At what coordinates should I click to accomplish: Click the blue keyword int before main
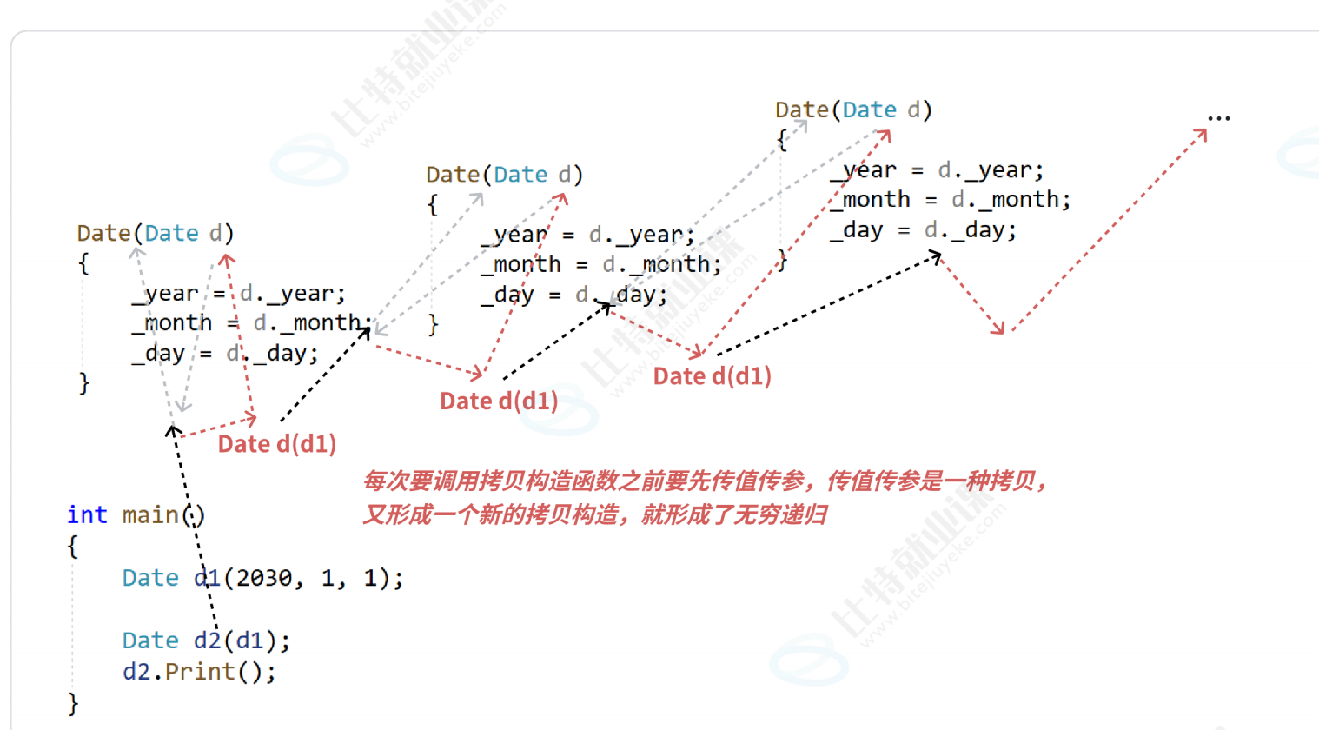pyautogui.click(x=87, y=515)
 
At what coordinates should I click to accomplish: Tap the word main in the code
pyautogui.click(x=150, y=515)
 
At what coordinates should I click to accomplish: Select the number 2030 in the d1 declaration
pyautogui.click(x=264, y=578)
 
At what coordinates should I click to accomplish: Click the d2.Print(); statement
pyautogui.click(x=199, y=672)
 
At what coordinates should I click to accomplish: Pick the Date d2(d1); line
pyautogui.click(x=206, y=640)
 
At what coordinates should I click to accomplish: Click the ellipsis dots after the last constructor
pyautogui.click(x=1219, y=118)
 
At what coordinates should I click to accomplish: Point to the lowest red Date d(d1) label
pyautogui.click(x=277, y=444)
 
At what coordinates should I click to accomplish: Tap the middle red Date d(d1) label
pyautogui.click(x=499, y=401)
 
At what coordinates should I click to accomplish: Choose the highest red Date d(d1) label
pyautogui.click(x=712, y=376)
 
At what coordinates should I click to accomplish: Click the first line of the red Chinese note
pyautogui.click(x=705, y=481)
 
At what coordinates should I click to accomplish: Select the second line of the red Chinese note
pyautogui.click(x=594, y=515)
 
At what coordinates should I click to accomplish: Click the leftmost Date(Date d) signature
pyautogui.click(x=156, y=234)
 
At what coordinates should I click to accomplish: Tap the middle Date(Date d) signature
pyautogui.click(x=505, y=175)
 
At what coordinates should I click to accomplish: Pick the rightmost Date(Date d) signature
pyautogui.click(x=854, y=110)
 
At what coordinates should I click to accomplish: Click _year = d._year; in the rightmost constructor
pyautogui.click(x=937, y=170)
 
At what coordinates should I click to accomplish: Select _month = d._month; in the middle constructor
pyautogui.click(x=601, y=265)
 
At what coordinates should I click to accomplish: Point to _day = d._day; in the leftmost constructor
pyautogui.click(x=226, y=354)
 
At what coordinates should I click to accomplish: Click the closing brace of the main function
pyautogui.click(x=73, y=704)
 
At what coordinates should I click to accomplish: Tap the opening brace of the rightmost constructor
pyautogui.click(x=782, y=141)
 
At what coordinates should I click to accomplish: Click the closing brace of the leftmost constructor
pyautogui.click(x=84, y=383)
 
